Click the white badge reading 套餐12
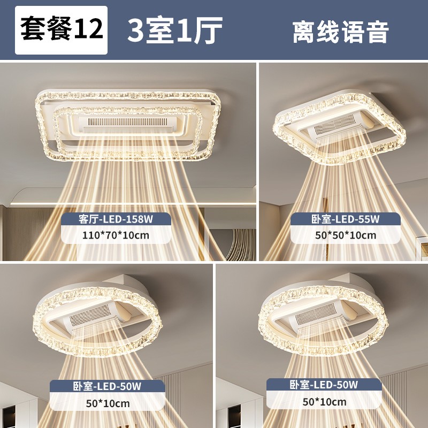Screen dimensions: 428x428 (x=61, y=30)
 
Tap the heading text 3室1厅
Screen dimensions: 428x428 (x=175, y=30)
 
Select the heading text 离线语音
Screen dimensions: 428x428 (x=340, y=32)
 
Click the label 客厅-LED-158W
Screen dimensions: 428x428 (x=116, y=219)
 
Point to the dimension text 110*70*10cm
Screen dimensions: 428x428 (x=116, y=235)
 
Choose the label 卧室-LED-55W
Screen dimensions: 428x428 (x=345, y=219)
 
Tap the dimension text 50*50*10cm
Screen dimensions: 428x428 (x=346, y=235)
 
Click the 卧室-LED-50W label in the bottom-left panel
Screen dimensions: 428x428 (x=107, y=386)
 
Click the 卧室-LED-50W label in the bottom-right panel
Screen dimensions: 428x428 (x=324, y=385)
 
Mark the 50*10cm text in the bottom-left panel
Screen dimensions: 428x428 (x=108, y=403)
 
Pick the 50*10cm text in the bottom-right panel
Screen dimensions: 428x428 (x=324, y=402)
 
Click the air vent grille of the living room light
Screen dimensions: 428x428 (x=128, y=122)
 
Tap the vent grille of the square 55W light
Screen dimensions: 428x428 (x=335, y=125)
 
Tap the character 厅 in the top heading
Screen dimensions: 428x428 (x=208, y=30)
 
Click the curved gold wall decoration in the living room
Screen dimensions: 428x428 (x=241, y=245)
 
